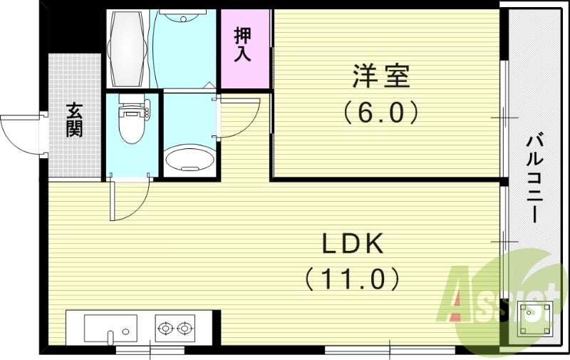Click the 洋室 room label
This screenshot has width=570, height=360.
pyautogui.click(x=381, y=76)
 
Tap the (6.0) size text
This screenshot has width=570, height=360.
pyautogui.click(x=381, y=112)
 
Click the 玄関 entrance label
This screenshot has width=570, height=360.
pyautogui.click(x=74, y=119)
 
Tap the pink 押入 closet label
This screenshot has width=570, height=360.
pyautogui.click(x=244, y=45)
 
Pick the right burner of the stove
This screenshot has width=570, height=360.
pyautogui.click(x=185, y=329)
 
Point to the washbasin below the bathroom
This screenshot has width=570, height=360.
pyautogui.click(x=190, y=159)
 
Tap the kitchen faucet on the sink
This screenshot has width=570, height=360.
pyautogui.click(x=110, y=336)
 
